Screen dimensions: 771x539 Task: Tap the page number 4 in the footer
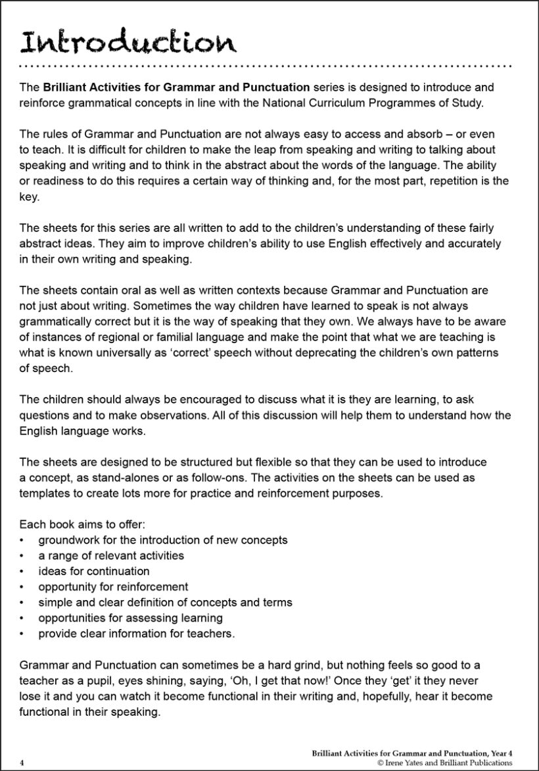click(22, 762)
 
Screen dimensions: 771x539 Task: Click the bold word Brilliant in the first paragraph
click(66, 87)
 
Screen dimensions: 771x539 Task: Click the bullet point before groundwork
click(23, 540)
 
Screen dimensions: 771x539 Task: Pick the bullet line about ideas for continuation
click(94, 571)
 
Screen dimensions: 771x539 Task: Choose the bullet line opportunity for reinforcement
click(113, 586)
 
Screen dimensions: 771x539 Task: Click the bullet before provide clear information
click(23, 634)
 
